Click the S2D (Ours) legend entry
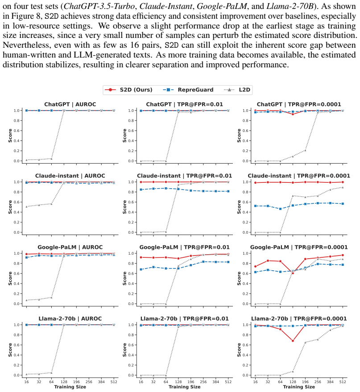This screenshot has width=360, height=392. [x=128, y=90]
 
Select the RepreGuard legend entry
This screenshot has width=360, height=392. [x=188, y=90]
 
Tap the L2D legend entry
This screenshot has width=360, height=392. [x=237, y=90]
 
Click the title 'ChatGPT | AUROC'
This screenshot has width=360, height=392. [x=70, y=104]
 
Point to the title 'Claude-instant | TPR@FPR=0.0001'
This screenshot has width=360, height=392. [x=299, y=176]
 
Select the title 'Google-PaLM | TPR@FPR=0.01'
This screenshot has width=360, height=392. [x=185, y=247]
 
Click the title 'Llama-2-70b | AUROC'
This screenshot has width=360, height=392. [x=70, y=319]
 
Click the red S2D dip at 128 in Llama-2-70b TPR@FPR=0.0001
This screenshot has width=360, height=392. [x=293, y=341]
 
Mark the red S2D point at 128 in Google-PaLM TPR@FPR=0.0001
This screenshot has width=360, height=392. [x=293, y=273]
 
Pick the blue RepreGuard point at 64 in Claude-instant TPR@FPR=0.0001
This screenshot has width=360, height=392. [x=280, y=209]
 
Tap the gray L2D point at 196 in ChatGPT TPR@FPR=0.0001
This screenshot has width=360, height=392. [x=305, y=150]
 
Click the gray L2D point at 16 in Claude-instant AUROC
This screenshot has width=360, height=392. [x=26, y=206]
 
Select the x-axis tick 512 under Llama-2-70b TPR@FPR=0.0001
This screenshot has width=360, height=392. [x=343, y=382]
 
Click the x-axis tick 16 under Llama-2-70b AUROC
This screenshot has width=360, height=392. [x=26, y=382]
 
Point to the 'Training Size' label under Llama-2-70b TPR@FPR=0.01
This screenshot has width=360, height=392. [x=185, y=387]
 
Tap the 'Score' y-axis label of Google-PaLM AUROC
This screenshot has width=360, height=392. [x=10, y=278]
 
